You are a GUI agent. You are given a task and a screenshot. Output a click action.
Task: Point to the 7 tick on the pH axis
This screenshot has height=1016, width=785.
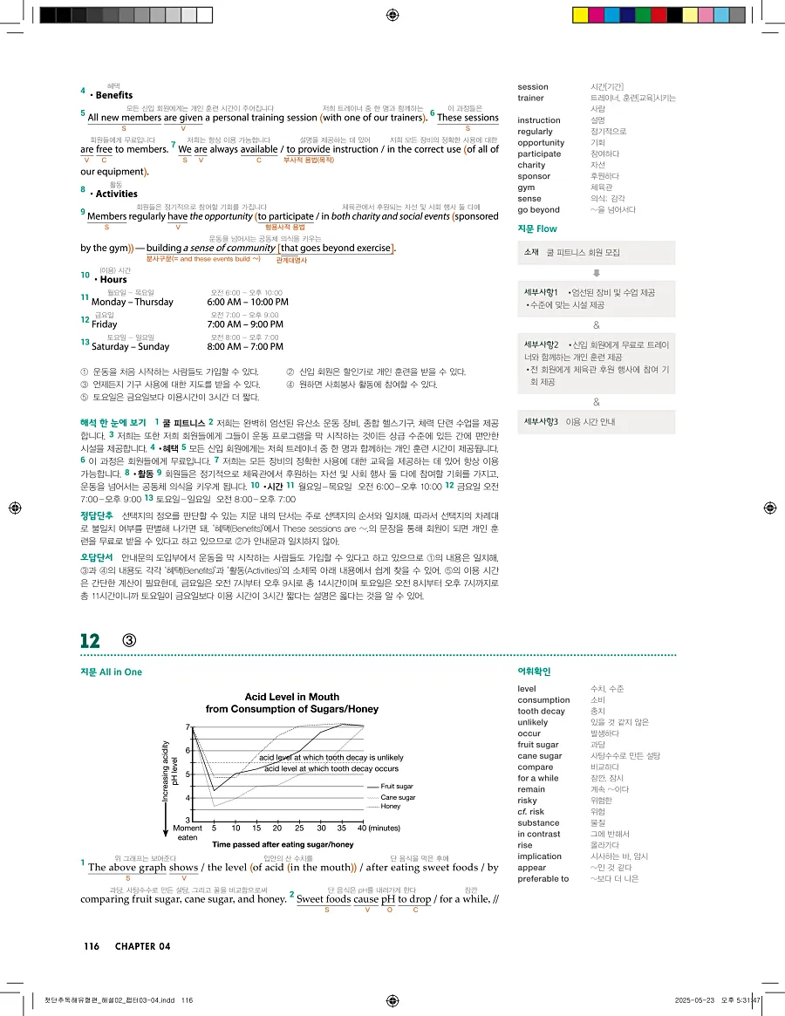point(188,727)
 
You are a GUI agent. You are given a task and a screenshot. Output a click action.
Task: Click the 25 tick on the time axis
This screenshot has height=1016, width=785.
point(299,828)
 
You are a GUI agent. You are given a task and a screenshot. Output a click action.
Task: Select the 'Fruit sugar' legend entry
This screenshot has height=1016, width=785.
point(397,787)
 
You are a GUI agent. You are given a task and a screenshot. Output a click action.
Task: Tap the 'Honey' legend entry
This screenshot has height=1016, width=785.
point(390,807)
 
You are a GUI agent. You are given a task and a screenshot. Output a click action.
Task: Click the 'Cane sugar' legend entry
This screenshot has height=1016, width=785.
point(398,797)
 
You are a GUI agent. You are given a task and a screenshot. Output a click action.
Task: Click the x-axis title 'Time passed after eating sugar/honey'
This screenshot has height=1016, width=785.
point(283,844)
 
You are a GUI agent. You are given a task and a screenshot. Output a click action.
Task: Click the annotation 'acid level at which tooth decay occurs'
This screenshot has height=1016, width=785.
point(331,768)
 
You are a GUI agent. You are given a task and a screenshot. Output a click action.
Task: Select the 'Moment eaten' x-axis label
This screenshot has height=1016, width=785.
point(188,832)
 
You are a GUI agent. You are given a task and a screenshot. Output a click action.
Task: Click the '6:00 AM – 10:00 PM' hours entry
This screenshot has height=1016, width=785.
point(248,302)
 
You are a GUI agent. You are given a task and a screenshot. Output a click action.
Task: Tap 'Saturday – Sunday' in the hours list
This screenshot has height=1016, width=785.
point(131,346)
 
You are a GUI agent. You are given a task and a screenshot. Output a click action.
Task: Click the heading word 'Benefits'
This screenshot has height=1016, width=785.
point(114,95)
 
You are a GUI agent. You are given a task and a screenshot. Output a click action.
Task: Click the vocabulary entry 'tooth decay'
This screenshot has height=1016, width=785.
point(541,711)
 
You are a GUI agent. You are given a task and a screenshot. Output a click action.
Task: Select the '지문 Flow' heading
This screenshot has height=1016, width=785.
point(536,228)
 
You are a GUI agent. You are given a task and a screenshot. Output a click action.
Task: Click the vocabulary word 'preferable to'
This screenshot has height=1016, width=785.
point(543,878)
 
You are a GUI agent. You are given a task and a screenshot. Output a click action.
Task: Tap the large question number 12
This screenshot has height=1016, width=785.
point(90,640)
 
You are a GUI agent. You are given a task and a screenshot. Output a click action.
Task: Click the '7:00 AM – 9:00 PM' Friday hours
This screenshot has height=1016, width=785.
point(244,324)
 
